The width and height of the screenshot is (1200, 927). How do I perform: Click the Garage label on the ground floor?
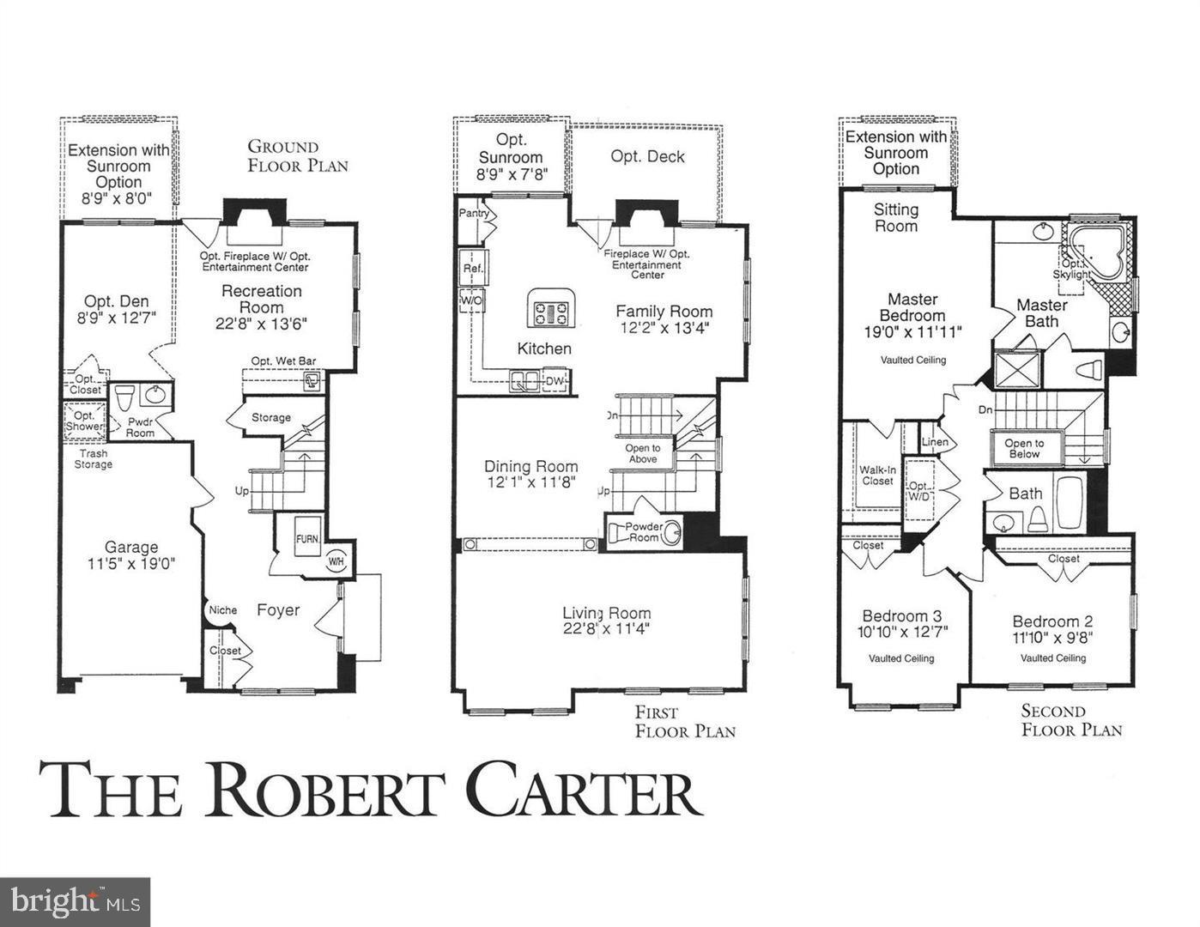(131, 547)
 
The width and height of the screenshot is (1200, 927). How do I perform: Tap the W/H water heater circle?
(336, 562)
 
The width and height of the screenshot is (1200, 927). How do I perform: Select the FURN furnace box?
(307, 539)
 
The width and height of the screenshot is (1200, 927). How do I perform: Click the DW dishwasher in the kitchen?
(555, 381)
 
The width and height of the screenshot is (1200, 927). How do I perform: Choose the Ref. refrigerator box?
(473, 268)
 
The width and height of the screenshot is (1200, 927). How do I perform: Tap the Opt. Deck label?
(647, 156)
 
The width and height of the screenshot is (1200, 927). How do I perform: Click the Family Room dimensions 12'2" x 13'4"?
(664, 328)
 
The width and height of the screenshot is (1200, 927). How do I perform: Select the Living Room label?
(606, 613)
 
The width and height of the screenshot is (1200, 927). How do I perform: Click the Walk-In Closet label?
(876, 476)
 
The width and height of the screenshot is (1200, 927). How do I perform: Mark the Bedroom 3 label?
(901, 615)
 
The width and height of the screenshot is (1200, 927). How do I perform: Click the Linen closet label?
(935, 442)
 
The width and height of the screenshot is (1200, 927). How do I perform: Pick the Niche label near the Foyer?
(222, 610)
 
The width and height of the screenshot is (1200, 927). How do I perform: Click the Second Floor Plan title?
(1071, 720)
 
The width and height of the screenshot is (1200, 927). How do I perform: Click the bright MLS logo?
(75, 901)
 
